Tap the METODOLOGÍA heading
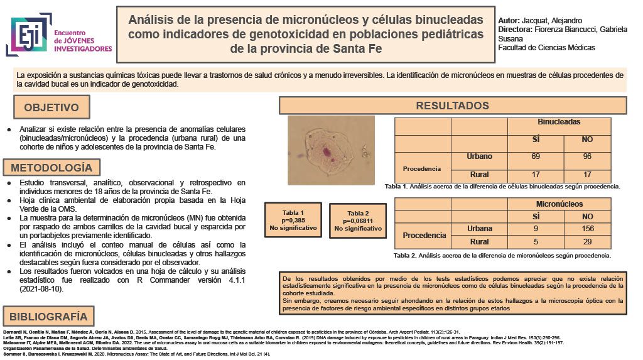[x=51, y=168]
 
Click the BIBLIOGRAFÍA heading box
[x=48, y=316]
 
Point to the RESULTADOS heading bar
[x=452, y=106]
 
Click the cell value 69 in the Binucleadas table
[x=536, y=156]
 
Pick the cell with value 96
[x=587, y=156]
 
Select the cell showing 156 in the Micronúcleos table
[x=587, y=228]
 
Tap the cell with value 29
[x=587, y=241]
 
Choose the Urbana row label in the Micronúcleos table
[x=480, y=228]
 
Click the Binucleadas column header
[x=559, y=122]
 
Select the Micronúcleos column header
[x=559, y=204]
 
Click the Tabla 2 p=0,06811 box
[x=359, y=221]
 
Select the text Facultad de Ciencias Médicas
[x=546, y=48]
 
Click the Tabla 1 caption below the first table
[x=502, y=187]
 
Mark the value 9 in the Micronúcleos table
[x=536, y=228]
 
